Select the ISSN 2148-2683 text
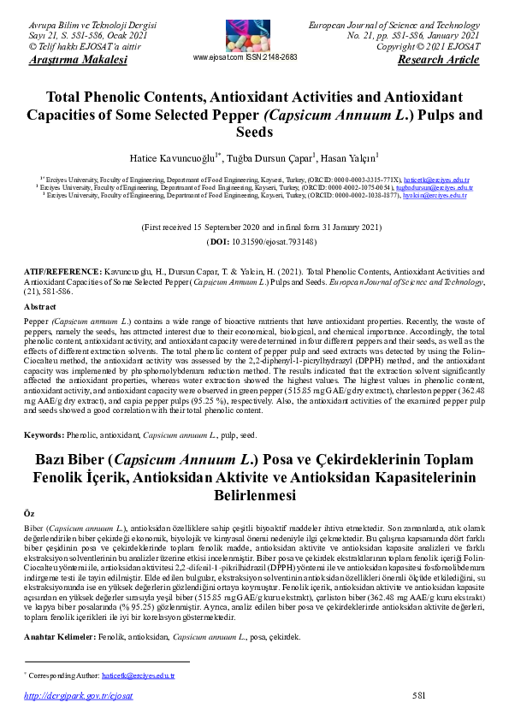tap(274, 57)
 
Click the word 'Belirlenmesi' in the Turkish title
tap(253, 495)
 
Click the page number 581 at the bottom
tap(418, 696)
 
